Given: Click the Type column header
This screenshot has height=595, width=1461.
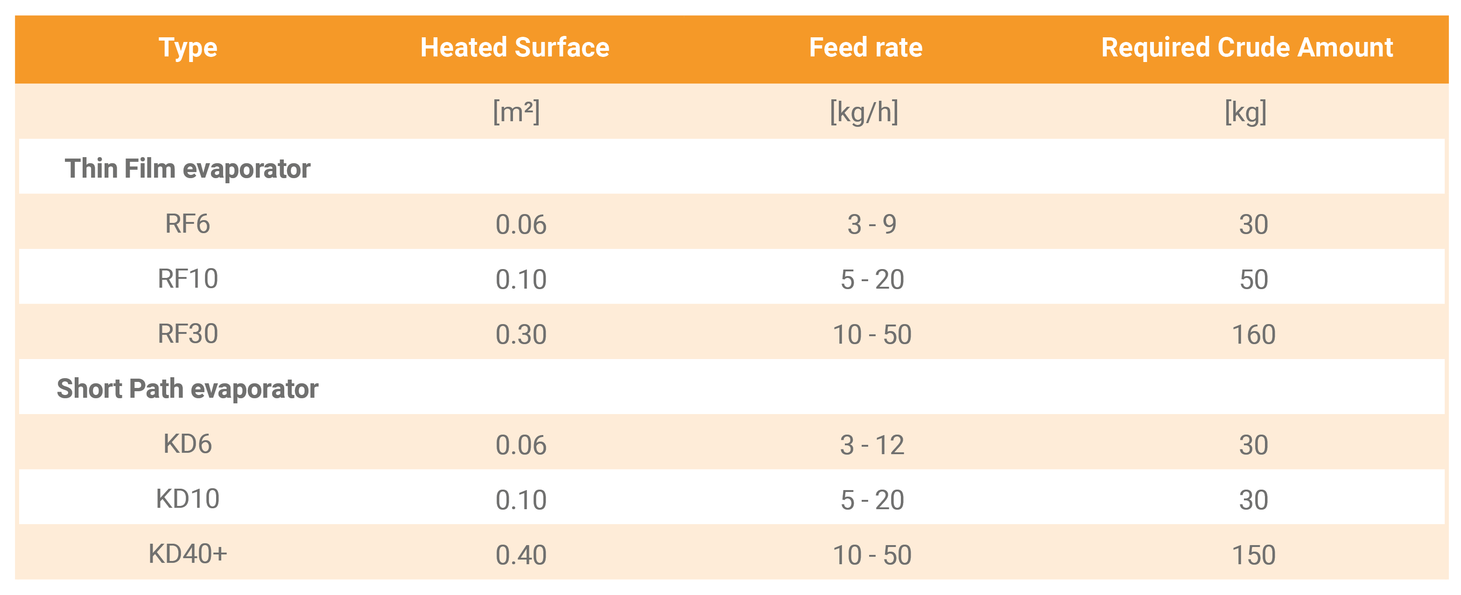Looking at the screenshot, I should tap(188, 48).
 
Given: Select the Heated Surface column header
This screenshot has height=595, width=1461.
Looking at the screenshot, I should tap(514, 48).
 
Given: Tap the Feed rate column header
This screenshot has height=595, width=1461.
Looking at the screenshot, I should tap(865, 48).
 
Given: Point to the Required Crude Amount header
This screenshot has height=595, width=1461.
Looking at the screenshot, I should tap(1247, 48).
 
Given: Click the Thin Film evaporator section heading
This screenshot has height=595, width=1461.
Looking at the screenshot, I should tap(187, 169).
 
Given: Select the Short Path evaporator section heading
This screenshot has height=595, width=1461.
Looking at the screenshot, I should tap(187, 389).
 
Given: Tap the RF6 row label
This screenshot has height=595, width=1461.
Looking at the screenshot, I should tap(187, 224).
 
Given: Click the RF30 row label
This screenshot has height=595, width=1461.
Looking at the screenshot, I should tap(187, 334).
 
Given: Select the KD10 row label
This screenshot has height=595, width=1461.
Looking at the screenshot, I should tap(187, 499).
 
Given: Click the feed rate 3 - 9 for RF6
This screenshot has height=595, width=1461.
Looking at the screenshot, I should tap(872, 224).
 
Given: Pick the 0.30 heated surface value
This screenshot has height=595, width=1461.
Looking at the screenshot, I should tap(520, 334).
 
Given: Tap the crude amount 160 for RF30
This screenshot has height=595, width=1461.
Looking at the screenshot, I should tap(1253, 334).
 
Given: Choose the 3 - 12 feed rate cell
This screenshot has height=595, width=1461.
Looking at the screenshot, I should tap(872, 445).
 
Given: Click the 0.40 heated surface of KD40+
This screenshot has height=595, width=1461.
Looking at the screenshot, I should tap(520, 555).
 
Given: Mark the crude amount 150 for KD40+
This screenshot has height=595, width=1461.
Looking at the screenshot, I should tap(1253, 555).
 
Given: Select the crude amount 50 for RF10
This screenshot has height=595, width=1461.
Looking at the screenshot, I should tap(1253, 279).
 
